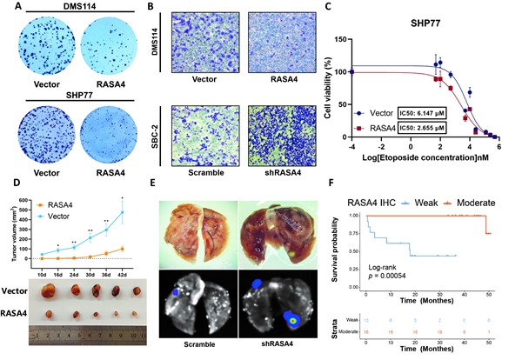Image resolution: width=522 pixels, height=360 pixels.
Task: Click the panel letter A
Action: [6, 6]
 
